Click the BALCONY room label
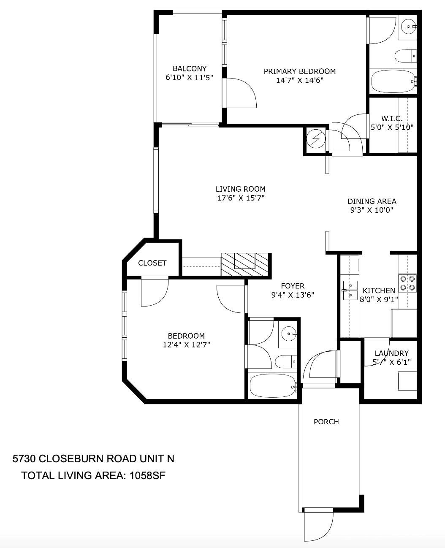pyautogui.click(x=190, y=69)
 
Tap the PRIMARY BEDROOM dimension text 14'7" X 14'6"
pyautogui.click(x=300, y=80)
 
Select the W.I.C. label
pyautogui.click(x=392, y=119)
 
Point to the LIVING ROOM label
pyautogui.click(x=241, y=189)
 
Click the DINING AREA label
pyautogui.click(x=372, y=201)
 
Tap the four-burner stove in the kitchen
pyautogui.click(x=407, y=283)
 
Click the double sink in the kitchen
pyautogui.click(x=350, y=290)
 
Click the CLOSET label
pyautogui.click(x=152, y=263)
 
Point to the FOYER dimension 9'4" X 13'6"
pyautogui.click(x=293, y=295)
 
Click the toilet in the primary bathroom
pyautogui.click(x=406, y=56)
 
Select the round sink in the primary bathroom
pyautogui.click(x=408, y=27)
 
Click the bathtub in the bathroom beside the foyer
pyautogui.click(x=273, y=386)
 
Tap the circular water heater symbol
pyautogui.click(x=316, y=139)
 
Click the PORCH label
pyautogui.click(x=326, y=422)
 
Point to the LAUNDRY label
pyautogui.click(x=391, y=353)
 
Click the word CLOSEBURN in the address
pyautogui.click(x=71, y=458)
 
